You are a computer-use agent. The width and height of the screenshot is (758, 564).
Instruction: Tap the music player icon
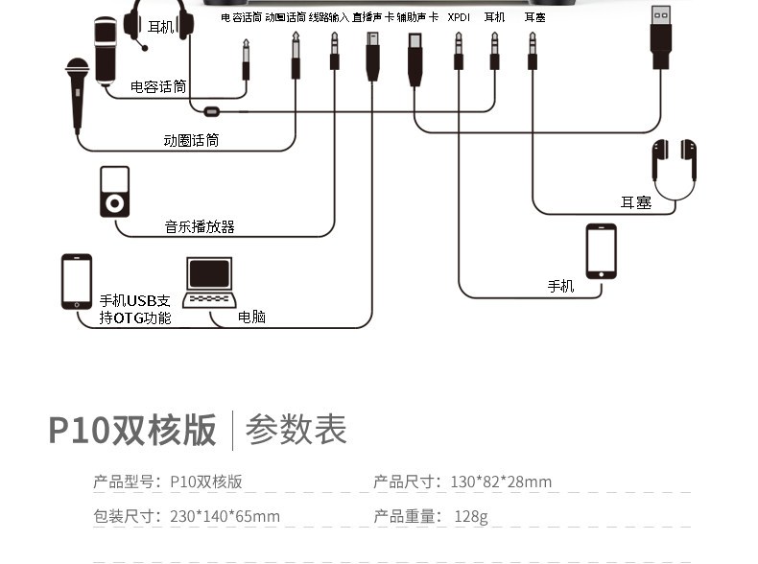[114, 192]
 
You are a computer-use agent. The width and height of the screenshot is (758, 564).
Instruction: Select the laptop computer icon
[209, 282]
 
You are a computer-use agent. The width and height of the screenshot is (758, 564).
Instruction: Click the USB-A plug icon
[661, 37]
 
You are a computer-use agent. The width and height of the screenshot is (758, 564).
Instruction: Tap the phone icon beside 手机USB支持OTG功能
[77, 281]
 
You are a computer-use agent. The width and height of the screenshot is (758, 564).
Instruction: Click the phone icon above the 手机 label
[601, 251]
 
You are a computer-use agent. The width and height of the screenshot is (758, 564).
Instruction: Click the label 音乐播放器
[200, 226]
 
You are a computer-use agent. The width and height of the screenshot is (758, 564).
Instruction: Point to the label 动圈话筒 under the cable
[191, 141]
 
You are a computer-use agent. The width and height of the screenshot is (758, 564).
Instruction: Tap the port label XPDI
[459, 17]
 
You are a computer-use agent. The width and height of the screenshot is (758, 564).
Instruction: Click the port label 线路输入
[329, 17]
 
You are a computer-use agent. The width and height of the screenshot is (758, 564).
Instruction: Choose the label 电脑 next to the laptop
[251, 317]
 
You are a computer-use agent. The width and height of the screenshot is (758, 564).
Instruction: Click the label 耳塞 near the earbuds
[636, 202]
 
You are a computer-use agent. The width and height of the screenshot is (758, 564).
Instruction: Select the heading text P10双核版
[132, 430]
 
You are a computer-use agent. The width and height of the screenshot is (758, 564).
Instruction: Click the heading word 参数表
[296, 429]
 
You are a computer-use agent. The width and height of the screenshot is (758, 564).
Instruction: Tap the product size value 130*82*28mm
[501, 482]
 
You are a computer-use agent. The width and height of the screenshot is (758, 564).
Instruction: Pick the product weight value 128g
[471, 517]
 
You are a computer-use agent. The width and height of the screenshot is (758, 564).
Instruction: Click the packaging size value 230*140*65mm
[225, 516]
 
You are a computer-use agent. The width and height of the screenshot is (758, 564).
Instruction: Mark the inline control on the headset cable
[212, 112]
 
